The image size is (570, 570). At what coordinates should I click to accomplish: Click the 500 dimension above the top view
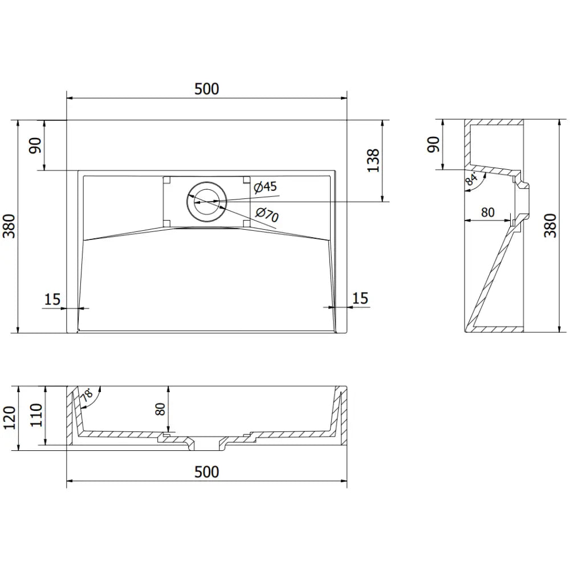206,89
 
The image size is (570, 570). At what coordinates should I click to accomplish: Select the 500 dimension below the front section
206,472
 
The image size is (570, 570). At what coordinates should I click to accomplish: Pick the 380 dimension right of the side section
551,226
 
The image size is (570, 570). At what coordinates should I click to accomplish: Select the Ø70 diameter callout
266,215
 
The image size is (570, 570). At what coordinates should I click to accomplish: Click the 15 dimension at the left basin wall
52,299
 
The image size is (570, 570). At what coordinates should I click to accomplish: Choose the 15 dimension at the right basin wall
360,298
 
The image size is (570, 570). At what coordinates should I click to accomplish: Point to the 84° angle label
471,181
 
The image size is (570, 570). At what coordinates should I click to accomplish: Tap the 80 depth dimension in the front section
160,409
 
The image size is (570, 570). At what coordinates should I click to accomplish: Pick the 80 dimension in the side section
487,213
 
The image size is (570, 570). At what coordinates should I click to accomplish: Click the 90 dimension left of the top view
35,146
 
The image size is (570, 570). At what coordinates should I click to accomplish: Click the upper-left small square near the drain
167,180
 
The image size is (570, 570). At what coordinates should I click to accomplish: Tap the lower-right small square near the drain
246,221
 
